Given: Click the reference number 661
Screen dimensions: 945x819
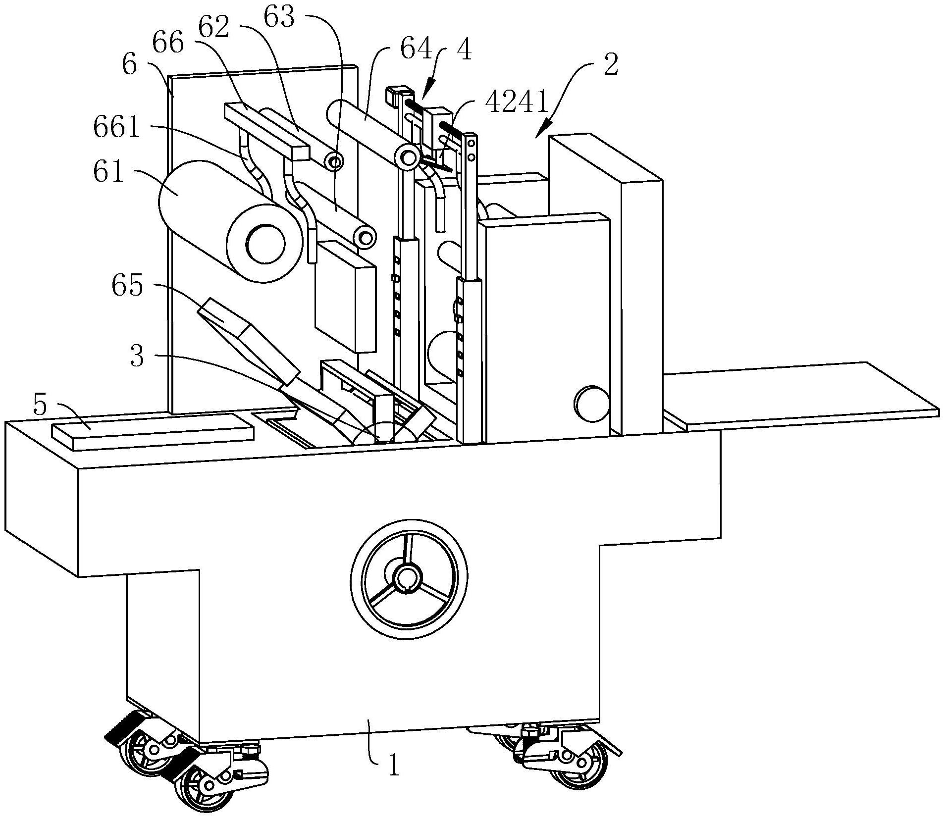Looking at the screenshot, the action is click(x=117, y=127).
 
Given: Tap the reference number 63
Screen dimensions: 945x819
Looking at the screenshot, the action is click(x=279, y=18).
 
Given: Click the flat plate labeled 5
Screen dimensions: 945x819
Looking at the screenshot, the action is click(x=153, y=432).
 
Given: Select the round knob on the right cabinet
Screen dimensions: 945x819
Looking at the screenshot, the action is click(x=592, y=403).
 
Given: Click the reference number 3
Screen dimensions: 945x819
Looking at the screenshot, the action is click(x=137, y=356).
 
